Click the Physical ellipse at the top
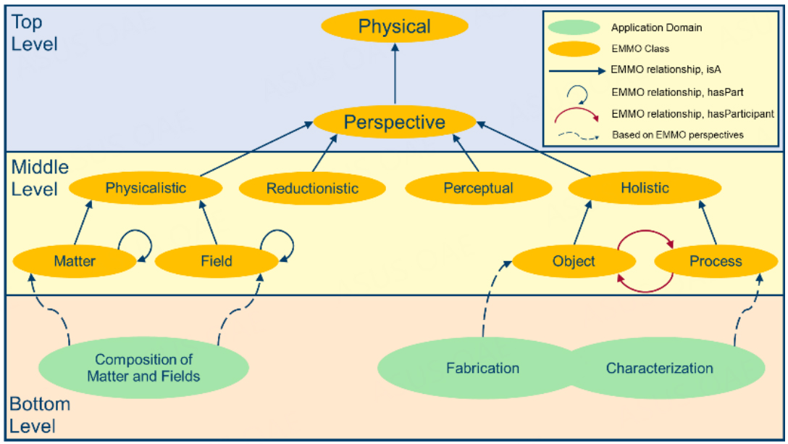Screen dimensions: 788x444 point(395,26)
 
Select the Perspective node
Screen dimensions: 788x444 point(395,122)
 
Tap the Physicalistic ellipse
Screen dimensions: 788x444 point(146,188)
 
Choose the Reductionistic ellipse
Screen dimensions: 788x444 point(312,189)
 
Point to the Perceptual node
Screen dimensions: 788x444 point(479,189)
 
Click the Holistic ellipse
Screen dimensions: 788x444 point(645,188)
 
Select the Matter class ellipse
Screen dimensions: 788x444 point(75,261)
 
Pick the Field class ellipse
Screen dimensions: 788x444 point(217,261)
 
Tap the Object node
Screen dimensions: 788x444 point(574,261)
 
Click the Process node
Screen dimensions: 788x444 point(716,261)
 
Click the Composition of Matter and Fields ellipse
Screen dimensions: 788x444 point(143,368)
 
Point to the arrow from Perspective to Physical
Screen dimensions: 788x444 point(395,74)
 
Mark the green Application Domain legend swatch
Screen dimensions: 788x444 point(574,27)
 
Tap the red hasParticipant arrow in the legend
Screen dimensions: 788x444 point(577,110)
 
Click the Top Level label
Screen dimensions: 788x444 point(34,33)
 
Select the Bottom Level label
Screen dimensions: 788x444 point(40,415)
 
